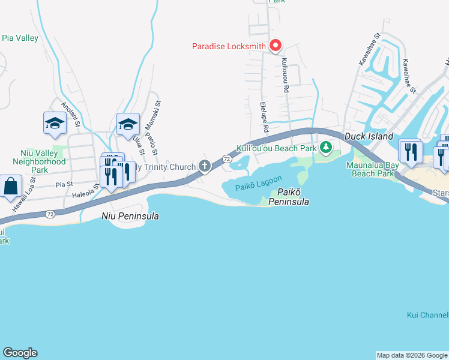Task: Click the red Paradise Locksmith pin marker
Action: tap(276, 46)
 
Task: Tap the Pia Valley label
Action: tap(20, 38)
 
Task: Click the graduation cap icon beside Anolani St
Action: tap(55, 123)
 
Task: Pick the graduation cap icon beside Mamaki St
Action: tap(128, 124)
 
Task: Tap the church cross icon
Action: tap(205, 166)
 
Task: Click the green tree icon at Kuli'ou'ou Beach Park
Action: tap(326, 147)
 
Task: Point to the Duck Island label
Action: tap(369, 137)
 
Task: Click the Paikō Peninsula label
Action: tap(293, 197)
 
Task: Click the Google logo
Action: tap(20, 353)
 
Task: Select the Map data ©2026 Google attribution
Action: tap(411, 355)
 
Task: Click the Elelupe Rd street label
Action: tap(263, 117)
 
